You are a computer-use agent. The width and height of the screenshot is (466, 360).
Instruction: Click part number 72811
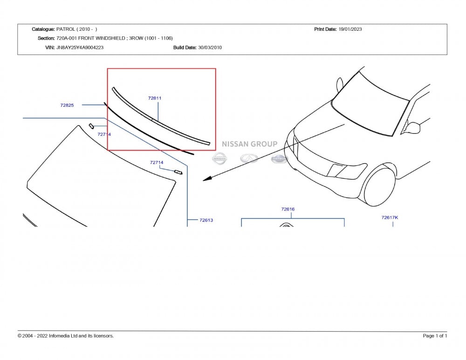(155, 98)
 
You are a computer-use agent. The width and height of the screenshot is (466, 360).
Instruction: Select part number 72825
(67, 105)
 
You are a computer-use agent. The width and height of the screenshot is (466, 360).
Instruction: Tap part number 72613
(206, 220)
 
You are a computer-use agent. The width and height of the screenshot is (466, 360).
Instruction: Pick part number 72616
(288, 209)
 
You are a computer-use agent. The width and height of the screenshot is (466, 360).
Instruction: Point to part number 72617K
(390, 217)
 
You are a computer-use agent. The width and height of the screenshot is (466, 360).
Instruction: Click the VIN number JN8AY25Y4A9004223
(80, 48)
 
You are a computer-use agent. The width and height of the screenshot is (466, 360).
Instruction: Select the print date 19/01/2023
(350, 29)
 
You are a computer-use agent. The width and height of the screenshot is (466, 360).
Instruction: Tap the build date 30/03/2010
(210, 48)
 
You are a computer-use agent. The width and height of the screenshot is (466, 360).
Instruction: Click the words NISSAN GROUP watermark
(249, 144)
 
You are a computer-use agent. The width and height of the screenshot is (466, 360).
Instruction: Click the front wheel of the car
(379, 185)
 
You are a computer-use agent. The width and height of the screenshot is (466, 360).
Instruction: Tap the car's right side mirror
(412, 127)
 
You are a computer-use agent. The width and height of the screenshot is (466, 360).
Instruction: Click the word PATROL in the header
(66, 29)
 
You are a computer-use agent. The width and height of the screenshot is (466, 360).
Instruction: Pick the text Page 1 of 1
(435, 336)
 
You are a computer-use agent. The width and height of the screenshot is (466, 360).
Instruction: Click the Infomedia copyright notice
(66, 336)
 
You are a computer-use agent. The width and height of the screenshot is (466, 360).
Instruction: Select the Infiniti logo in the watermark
(249, 158)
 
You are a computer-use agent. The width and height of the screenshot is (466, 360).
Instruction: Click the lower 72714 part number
(157, 162)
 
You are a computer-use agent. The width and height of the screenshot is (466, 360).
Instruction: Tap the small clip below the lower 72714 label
(178, 172)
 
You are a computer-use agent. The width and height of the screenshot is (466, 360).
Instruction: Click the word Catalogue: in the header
(43, 29)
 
